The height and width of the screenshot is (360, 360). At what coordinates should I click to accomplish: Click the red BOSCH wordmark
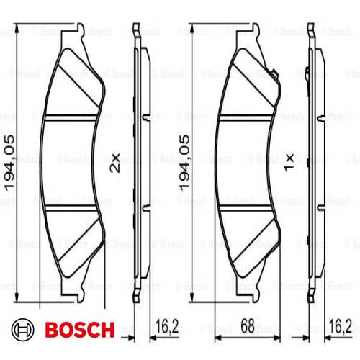click(79, 330)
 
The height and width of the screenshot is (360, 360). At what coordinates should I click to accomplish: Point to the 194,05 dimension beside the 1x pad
click(186, 162)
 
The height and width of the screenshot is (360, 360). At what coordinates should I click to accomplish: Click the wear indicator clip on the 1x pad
click(276, 72)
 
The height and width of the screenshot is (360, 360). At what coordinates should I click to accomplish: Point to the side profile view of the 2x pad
click(140, 162)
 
